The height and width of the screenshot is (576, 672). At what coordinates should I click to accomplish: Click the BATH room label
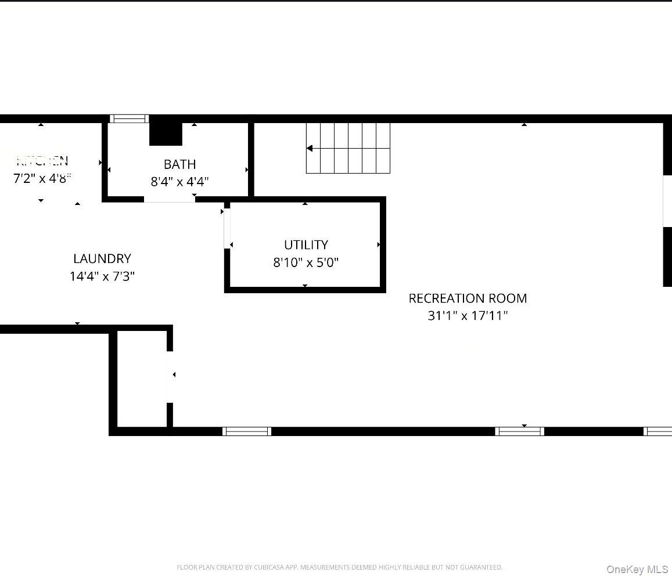179,164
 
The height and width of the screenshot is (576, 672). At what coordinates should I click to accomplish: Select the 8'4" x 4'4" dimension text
179,182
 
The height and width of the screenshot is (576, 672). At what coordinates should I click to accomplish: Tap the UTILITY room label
306,245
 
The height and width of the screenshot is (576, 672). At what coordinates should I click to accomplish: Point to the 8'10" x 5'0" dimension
306,262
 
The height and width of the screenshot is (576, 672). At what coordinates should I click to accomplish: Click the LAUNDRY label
102,259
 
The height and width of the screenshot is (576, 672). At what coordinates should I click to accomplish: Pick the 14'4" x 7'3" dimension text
102,276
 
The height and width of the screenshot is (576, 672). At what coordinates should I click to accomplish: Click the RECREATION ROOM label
468,298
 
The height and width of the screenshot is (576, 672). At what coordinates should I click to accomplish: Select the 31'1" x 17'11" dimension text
468,316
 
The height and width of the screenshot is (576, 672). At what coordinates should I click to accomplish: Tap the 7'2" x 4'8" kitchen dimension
42,178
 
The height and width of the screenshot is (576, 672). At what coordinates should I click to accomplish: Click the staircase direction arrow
310,149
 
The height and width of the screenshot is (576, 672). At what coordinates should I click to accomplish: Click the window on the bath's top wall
129,119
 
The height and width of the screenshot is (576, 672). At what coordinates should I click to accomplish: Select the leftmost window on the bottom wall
247,431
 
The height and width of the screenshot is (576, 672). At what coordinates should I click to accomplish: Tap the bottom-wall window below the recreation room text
519,431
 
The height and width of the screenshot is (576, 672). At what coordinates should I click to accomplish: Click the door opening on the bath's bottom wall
169,199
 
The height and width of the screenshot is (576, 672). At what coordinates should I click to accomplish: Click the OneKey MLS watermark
637,570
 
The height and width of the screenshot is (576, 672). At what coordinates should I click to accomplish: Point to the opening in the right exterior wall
667,200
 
